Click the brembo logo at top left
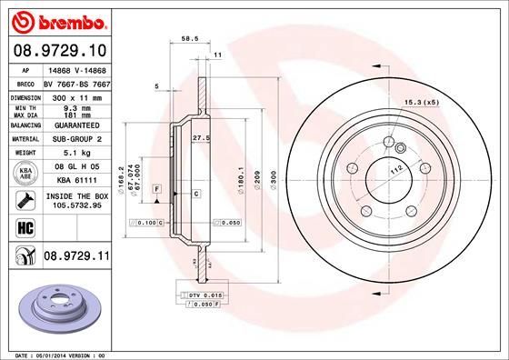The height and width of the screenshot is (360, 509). (x=59, y=19)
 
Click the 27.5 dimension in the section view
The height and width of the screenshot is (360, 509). (x=201, y=136)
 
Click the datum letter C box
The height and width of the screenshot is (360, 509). (x=195, y=194)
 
